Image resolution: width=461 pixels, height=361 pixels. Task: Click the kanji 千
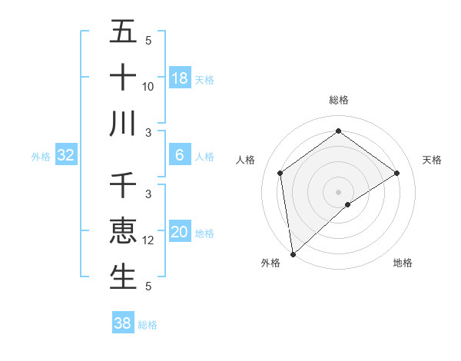pyautogui.click(x=123, y=186)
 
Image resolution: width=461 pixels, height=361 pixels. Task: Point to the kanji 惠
pyautogui.click(x=123, y=231)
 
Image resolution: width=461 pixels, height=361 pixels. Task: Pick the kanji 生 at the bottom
pyautogui.click(x=123, y=277)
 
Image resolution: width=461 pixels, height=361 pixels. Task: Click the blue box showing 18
pyautogui.click(x=180, y=78)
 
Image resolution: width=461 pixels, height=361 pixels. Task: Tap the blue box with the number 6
pyautogui.click(x=180, y=155)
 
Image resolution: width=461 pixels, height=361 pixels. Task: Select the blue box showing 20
pyautogui.click(x=180, y=232)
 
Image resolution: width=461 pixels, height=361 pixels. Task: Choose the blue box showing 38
pyautogui.click(x=123, y=323)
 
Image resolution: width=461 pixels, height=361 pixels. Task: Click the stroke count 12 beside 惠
pyautogui.click(x=148, y=240)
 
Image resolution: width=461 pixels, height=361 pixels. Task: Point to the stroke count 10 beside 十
pyautogui.click(x=148, y=87)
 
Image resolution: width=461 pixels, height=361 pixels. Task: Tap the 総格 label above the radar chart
pyautogui.click(x=338, y=100)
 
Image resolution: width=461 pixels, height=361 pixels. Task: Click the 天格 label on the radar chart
pyautogui.click(x=433, y=160)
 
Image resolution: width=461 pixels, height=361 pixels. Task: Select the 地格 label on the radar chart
pyautogui.click(x=403, y=263)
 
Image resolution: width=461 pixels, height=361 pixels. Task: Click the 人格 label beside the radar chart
pyautogui.click(x=245, y=160)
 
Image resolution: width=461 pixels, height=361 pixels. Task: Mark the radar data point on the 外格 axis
pyautogui.click(x=293, y=253)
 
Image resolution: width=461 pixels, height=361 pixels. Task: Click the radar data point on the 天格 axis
pyautogui.click(x=397, y=173)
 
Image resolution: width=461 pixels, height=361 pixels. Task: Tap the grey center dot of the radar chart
pyautogui.click(x=338, y=191)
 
